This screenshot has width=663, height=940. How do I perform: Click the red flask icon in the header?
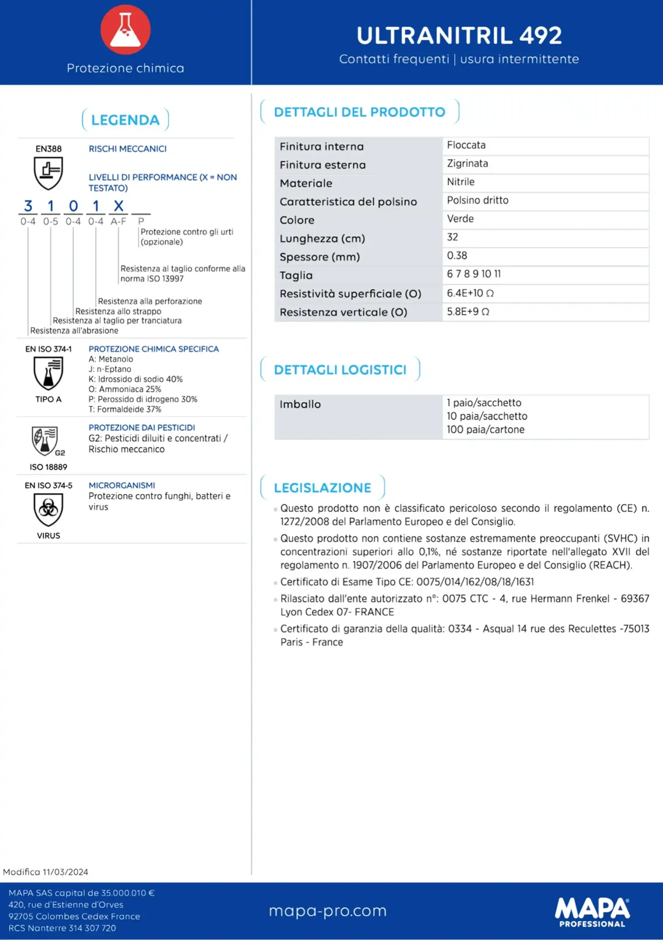[125, 29]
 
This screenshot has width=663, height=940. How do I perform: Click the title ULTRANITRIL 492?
[459, 36]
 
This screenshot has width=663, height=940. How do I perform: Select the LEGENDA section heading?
[125, 120]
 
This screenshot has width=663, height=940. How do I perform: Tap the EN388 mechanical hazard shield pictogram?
[48, 173]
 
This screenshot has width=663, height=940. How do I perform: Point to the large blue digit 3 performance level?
[28, 206]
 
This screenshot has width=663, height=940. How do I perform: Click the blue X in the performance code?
[118, 206]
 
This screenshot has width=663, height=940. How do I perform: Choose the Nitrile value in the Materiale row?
[461, 182]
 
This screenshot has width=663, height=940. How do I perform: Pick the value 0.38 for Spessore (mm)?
[457, 256]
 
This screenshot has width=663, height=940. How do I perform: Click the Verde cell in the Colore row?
[460, 218]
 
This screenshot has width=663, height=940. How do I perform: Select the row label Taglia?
[296, 275]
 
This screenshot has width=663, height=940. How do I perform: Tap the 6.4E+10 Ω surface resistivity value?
[470, 293]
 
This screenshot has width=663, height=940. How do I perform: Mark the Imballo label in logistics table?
[300, 404]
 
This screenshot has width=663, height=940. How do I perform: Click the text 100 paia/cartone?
[485, 430]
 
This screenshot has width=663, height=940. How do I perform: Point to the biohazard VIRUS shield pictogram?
[48, 509]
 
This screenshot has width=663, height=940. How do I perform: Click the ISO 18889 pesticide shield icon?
[45, 441]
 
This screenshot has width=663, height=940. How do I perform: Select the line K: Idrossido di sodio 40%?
[135, 379]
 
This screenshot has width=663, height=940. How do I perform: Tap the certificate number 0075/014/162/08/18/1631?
[475, 582]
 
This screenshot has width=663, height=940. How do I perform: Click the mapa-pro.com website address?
[328, 911]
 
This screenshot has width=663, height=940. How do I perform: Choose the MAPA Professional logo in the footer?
[592, 912]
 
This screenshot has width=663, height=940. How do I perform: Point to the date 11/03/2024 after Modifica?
[65, 872]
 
